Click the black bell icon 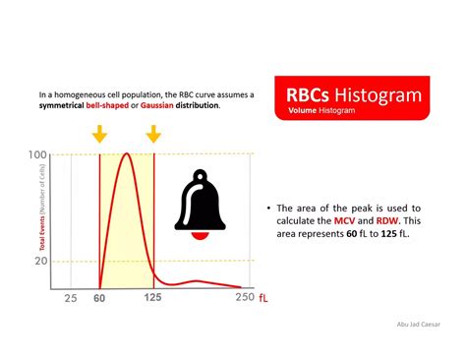coord(204,201)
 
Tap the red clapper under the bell coord(204,235)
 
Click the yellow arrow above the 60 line coord(99,134)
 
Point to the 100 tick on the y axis coord(38,155)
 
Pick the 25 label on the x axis coord(71,298)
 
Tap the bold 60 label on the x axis coord(99,298)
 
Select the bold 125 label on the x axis coord(152,298)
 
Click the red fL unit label coord(263,298)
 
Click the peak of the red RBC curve coord(125,154)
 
